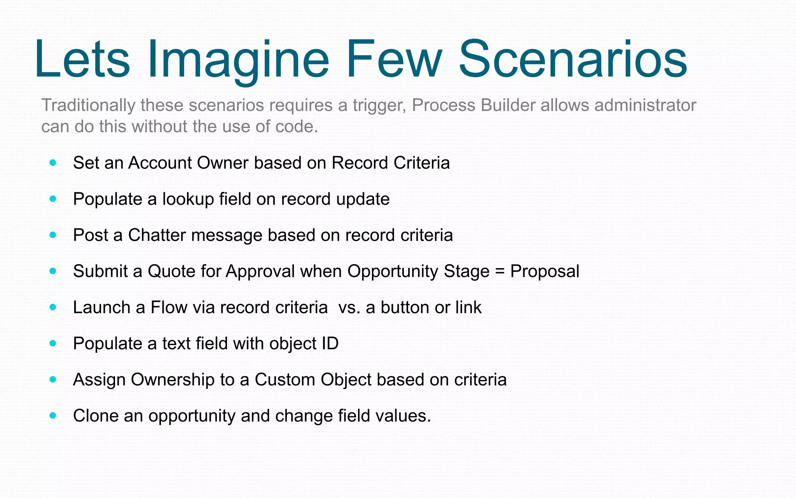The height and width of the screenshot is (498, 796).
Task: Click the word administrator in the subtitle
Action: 645,105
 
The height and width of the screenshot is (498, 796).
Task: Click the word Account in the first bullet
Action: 160,163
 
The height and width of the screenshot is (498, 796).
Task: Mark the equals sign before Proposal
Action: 500,272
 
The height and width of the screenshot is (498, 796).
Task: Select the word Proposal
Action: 545,272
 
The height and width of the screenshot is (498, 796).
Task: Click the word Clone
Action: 95,416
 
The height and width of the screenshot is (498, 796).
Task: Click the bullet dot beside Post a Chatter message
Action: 53,235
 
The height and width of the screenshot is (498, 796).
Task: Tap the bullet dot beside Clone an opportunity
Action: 53,416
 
